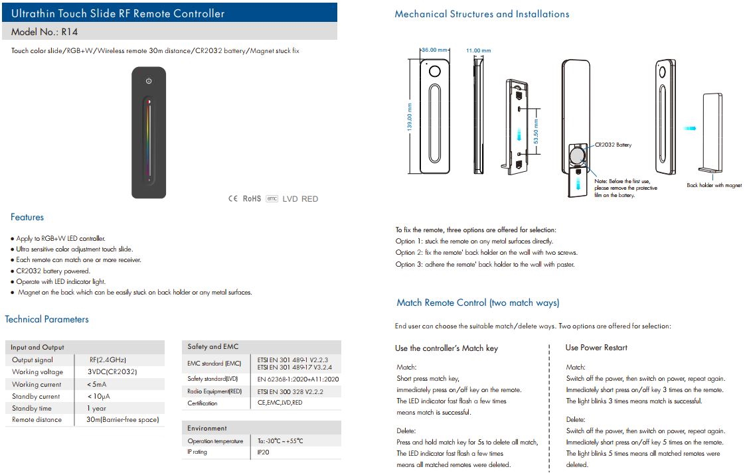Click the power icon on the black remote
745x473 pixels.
click(149, 81)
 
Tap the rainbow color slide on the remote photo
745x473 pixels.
click(149, 139)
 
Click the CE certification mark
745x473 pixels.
click(232, 198)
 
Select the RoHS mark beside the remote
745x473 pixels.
click(252, 198)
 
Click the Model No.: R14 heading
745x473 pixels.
click(44, 31)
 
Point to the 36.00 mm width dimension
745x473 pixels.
click(436, 50)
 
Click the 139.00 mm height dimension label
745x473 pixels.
click(410, 116)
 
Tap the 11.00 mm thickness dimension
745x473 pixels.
click(478, 50)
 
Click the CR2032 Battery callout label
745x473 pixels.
click(613, 144)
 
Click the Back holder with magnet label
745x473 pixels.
click(714, 186)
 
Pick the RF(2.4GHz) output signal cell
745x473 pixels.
click(108, 360)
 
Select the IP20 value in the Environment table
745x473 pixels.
click(264, 452)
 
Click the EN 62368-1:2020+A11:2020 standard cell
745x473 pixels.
click(298, 379)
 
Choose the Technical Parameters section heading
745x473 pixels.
click(46, 319)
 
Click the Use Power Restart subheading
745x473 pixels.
click(596, 348)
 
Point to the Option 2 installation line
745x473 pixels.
click(486, 252)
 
